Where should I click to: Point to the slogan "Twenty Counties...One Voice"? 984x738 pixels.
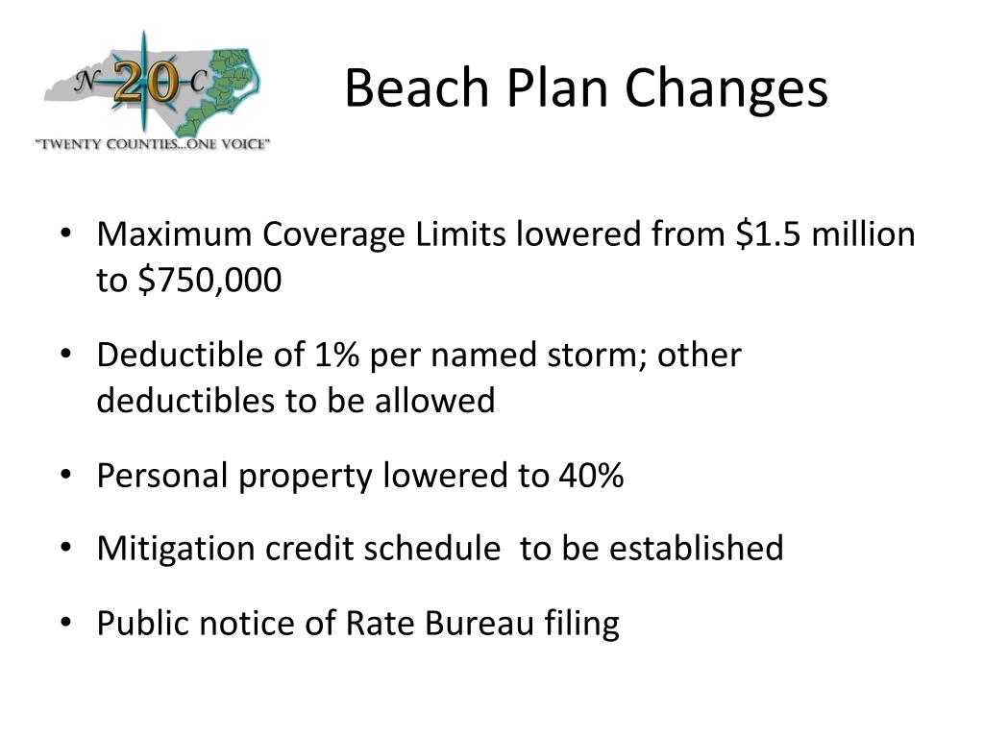[153, 144]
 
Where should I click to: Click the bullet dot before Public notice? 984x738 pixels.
[66, 624]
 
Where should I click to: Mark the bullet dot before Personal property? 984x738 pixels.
[66, 475]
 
